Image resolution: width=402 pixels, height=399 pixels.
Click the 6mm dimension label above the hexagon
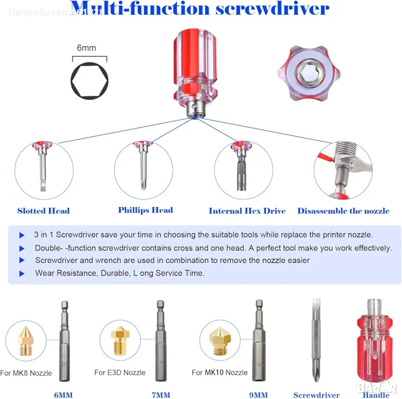coord(86,48)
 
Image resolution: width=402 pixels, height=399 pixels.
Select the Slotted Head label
coord(43,211)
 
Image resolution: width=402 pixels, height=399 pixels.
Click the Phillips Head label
coord(145,210)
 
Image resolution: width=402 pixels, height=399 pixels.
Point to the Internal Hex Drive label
coord(247,211)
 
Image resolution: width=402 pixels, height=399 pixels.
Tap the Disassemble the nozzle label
coord(343,211)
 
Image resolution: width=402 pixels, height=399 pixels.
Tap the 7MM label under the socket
coord(161,395)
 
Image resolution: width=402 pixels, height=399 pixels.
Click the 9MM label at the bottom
coord(258,395)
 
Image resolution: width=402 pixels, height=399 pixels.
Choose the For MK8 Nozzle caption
coord(26,373)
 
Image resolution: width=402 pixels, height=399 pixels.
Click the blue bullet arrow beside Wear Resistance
coord(22,273)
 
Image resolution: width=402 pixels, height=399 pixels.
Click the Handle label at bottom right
coord(376,395)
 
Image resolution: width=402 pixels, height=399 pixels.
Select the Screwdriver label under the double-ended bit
coord(317,395)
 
